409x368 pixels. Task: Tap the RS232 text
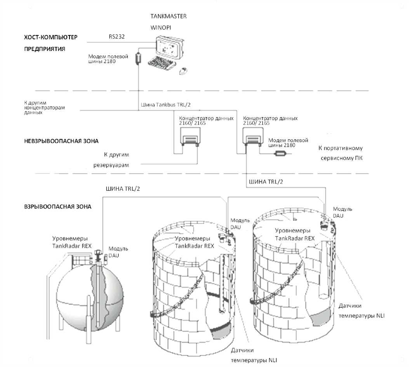pos(117,37)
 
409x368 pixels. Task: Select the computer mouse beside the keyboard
pos(183,71)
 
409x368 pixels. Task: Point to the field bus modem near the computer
pos(138,59)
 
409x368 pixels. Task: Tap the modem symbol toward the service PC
pos(280,154)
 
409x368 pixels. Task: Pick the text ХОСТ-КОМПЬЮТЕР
pos(51,37)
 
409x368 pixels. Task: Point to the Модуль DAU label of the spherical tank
pos(118,252)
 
